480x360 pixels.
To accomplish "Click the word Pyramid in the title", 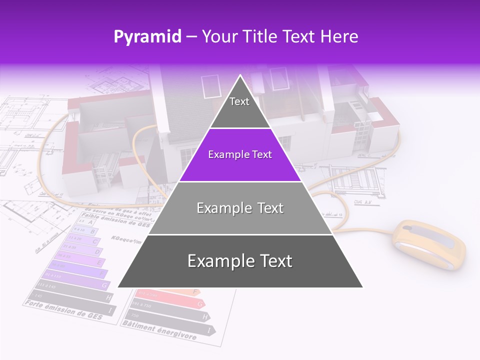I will [147, 37].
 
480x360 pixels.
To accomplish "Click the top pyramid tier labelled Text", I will [239, 107].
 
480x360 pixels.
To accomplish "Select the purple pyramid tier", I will [240, 155].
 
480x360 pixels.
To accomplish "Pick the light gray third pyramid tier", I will [240, 208].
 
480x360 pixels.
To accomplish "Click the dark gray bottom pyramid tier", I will [240, 261].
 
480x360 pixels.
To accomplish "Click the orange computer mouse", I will [428, 245].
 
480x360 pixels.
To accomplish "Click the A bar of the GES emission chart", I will [86, 221].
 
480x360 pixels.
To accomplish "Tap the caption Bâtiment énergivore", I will [159, 330].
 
